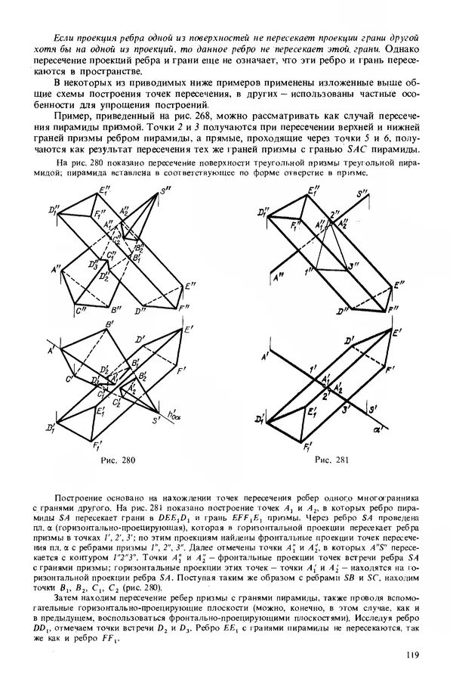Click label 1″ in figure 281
point(308,271)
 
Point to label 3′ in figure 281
point(347,411)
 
